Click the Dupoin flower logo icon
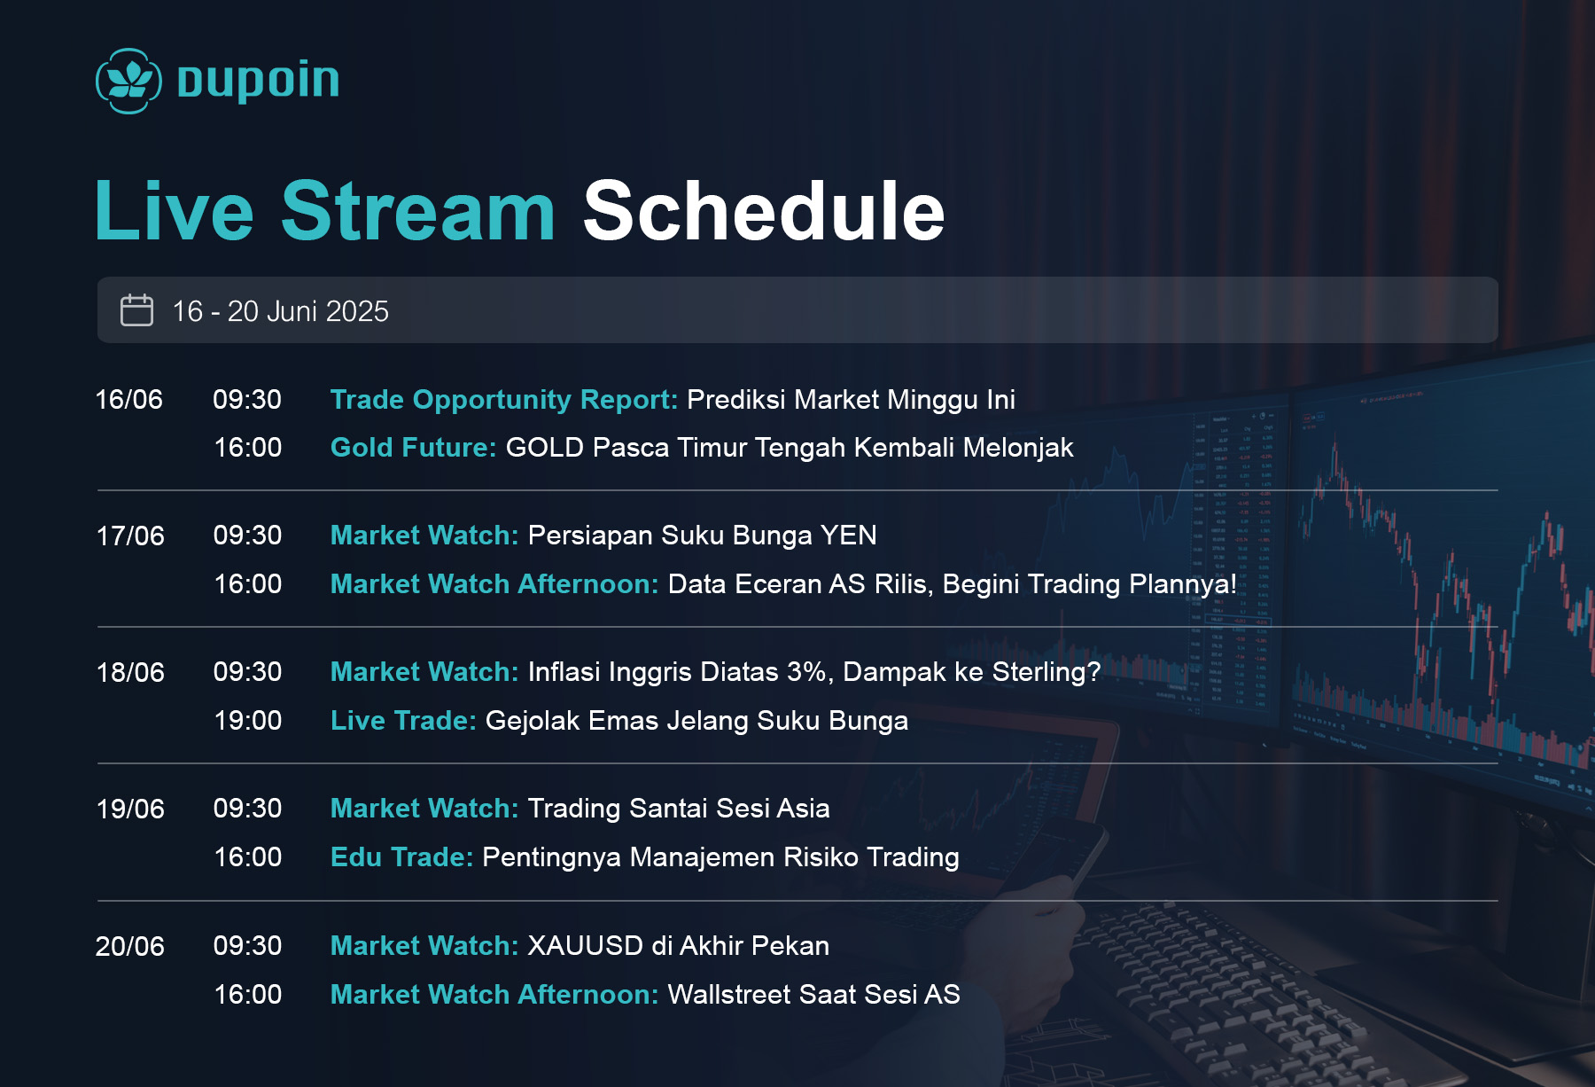tap(128, 81)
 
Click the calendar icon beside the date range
tap(136, 310)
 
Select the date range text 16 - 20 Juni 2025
tap(280, 311)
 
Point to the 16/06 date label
tap(129, 399)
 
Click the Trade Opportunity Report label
tap(504, 400)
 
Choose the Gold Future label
tap(413, 447)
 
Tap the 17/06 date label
tap(130, 536)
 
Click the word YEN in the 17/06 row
tap(848, 536)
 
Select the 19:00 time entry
tap(248, 720)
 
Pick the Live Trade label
tap(403, 720)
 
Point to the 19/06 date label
tap(130, 809)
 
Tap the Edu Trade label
tap(401, 856)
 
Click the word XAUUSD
tap(586, 945)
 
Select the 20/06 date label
tap(130, 946)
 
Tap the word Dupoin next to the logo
tap(258, 81)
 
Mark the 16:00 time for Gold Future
tap(248, 447)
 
